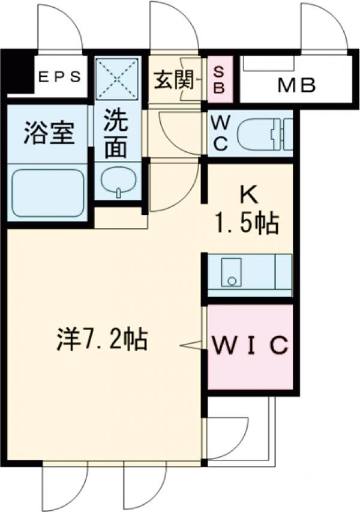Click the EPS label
click(x=59, y=77)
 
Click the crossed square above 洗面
click(x=118, y=80)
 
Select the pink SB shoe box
click(x=219, y=79)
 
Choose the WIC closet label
click(x=250, y=346)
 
